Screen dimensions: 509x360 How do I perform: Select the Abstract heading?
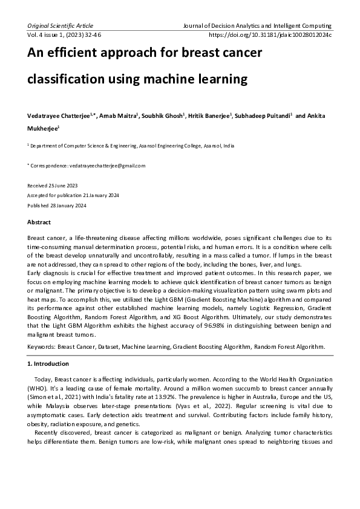(39, 222)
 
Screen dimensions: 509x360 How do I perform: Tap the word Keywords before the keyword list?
(41, 346)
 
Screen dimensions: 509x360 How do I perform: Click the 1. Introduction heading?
(48, 364)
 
